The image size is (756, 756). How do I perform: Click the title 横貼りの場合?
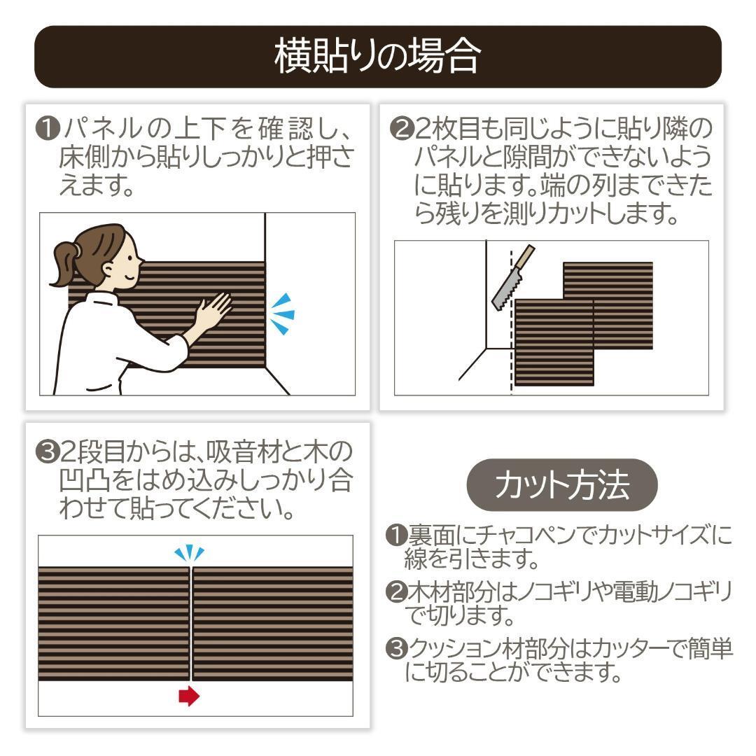click(x=377, y=57)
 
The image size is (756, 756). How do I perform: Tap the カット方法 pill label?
click(x=561, y=484)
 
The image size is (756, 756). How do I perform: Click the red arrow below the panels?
click(x=188, y=696)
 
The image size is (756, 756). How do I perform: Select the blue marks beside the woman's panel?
click(x=283, y=314)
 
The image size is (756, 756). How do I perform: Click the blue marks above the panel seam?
click(x=189, y=554)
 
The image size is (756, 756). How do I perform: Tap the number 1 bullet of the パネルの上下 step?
click(x=48, y=129)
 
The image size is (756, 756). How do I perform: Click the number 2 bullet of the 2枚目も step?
click(x=402, y=128)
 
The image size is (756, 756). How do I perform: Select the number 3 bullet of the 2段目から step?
click(x=48, y=451)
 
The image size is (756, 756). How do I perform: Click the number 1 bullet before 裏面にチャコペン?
click(x=396, y=535)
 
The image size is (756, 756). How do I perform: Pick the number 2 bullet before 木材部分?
click(x=396, y=591)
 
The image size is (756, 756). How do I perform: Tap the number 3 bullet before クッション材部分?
click(x=396, y=648)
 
